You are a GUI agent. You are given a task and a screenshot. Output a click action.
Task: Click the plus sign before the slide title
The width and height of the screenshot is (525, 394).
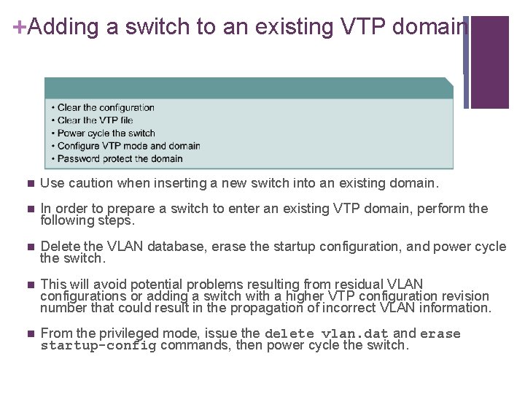coord(20,26)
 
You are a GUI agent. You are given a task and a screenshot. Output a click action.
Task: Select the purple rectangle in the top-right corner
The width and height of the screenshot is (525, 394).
coord(489,62)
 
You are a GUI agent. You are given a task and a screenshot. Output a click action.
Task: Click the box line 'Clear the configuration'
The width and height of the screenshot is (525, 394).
coord(106,108)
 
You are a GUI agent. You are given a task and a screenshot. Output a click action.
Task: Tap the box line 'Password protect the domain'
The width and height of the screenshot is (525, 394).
coord(120,158)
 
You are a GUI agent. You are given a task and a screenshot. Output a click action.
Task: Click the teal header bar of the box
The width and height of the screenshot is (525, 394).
coord(248,88)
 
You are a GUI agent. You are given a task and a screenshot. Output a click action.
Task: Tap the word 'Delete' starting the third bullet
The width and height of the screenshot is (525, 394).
coord(60,247)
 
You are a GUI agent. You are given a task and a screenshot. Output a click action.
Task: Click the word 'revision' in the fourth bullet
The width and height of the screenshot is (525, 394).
coord(464,295)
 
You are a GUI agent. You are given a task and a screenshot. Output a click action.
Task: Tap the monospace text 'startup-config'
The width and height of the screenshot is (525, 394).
coord(98,346)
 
